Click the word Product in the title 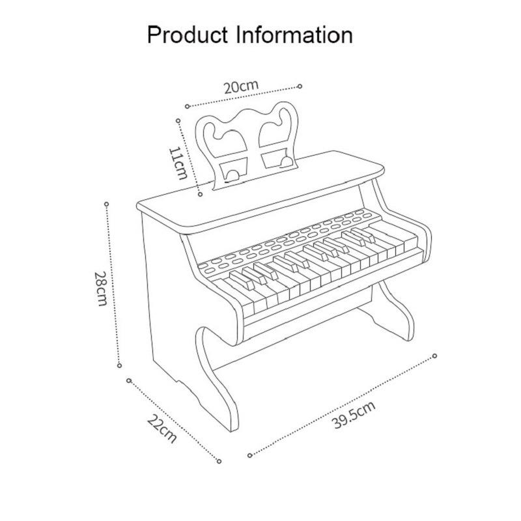[188, 35]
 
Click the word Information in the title [294, 35]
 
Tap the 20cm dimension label [241, 87]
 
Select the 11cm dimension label [178, 163]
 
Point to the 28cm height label [101, 289]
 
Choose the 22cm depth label [162, 429]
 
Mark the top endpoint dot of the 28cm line [106, 204]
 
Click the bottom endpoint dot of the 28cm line [120, 365]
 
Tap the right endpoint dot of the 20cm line [300, 86]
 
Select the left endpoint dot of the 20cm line [188, 106]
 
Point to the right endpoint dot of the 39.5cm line [434, 356]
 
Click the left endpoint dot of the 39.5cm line [250, 455]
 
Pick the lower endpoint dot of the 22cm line [219, 461]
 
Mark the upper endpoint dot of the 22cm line [129, 380]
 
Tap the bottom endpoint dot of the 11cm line [200, 194]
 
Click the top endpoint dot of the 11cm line [178, 120]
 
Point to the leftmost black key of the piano [242, 281]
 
